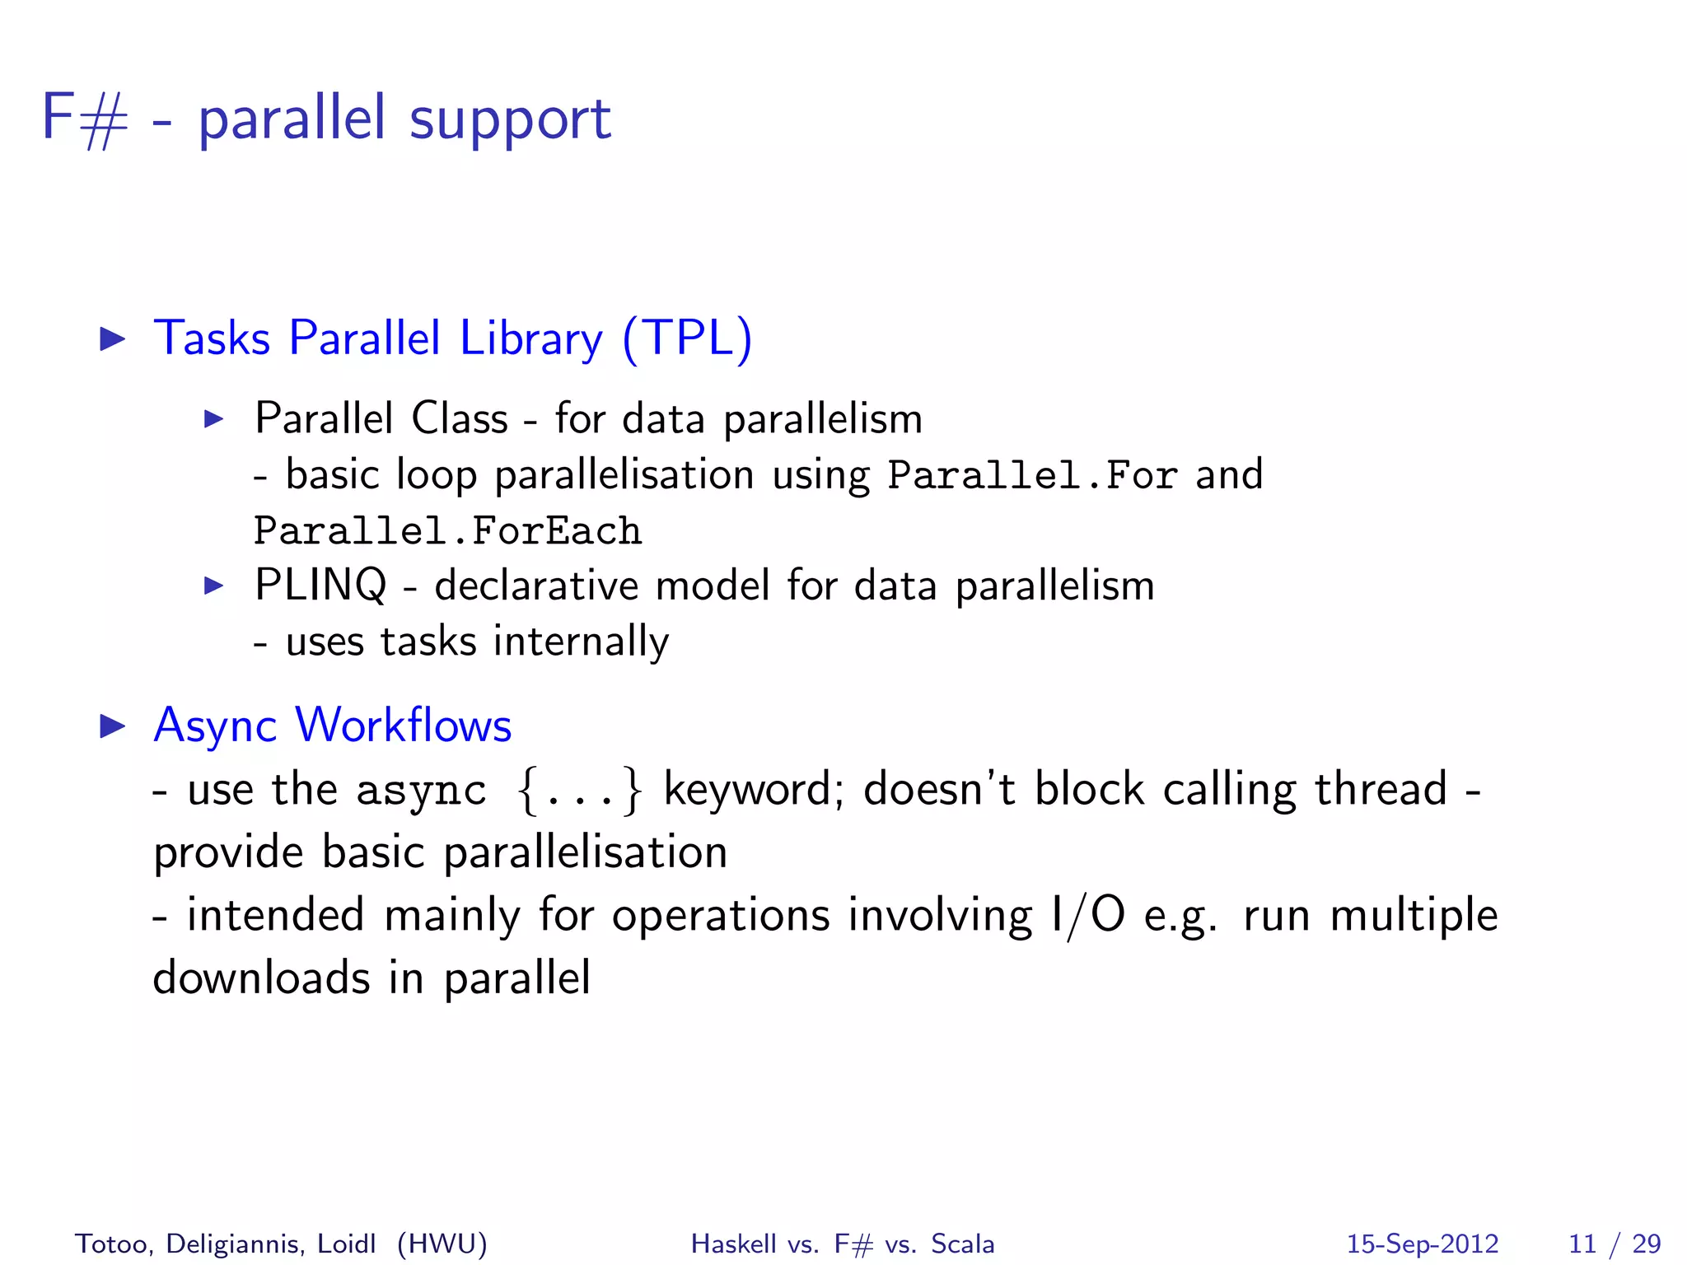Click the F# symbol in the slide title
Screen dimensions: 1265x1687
tap(85, 118)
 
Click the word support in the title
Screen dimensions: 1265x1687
tap(510, 120)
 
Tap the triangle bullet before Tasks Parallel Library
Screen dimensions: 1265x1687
tap(112, 338)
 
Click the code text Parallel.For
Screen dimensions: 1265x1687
tap(1032, 476)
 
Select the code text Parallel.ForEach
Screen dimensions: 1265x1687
tap(447, 531)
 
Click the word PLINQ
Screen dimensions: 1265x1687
tap(320, 586)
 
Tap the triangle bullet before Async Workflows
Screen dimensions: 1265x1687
tap(112, 726)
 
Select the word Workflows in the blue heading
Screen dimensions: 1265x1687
tap(404, 726)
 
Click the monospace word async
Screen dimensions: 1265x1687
tap(421, 791)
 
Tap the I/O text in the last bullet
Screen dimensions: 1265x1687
tap(1087, 916)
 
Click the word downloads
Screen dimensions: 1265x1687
tap(261, 978)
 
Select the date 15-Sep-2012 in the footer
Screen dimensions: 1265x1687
tap(1422, 1244)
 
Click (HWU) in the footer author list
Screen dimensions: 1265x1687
tap(442, 1244)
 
